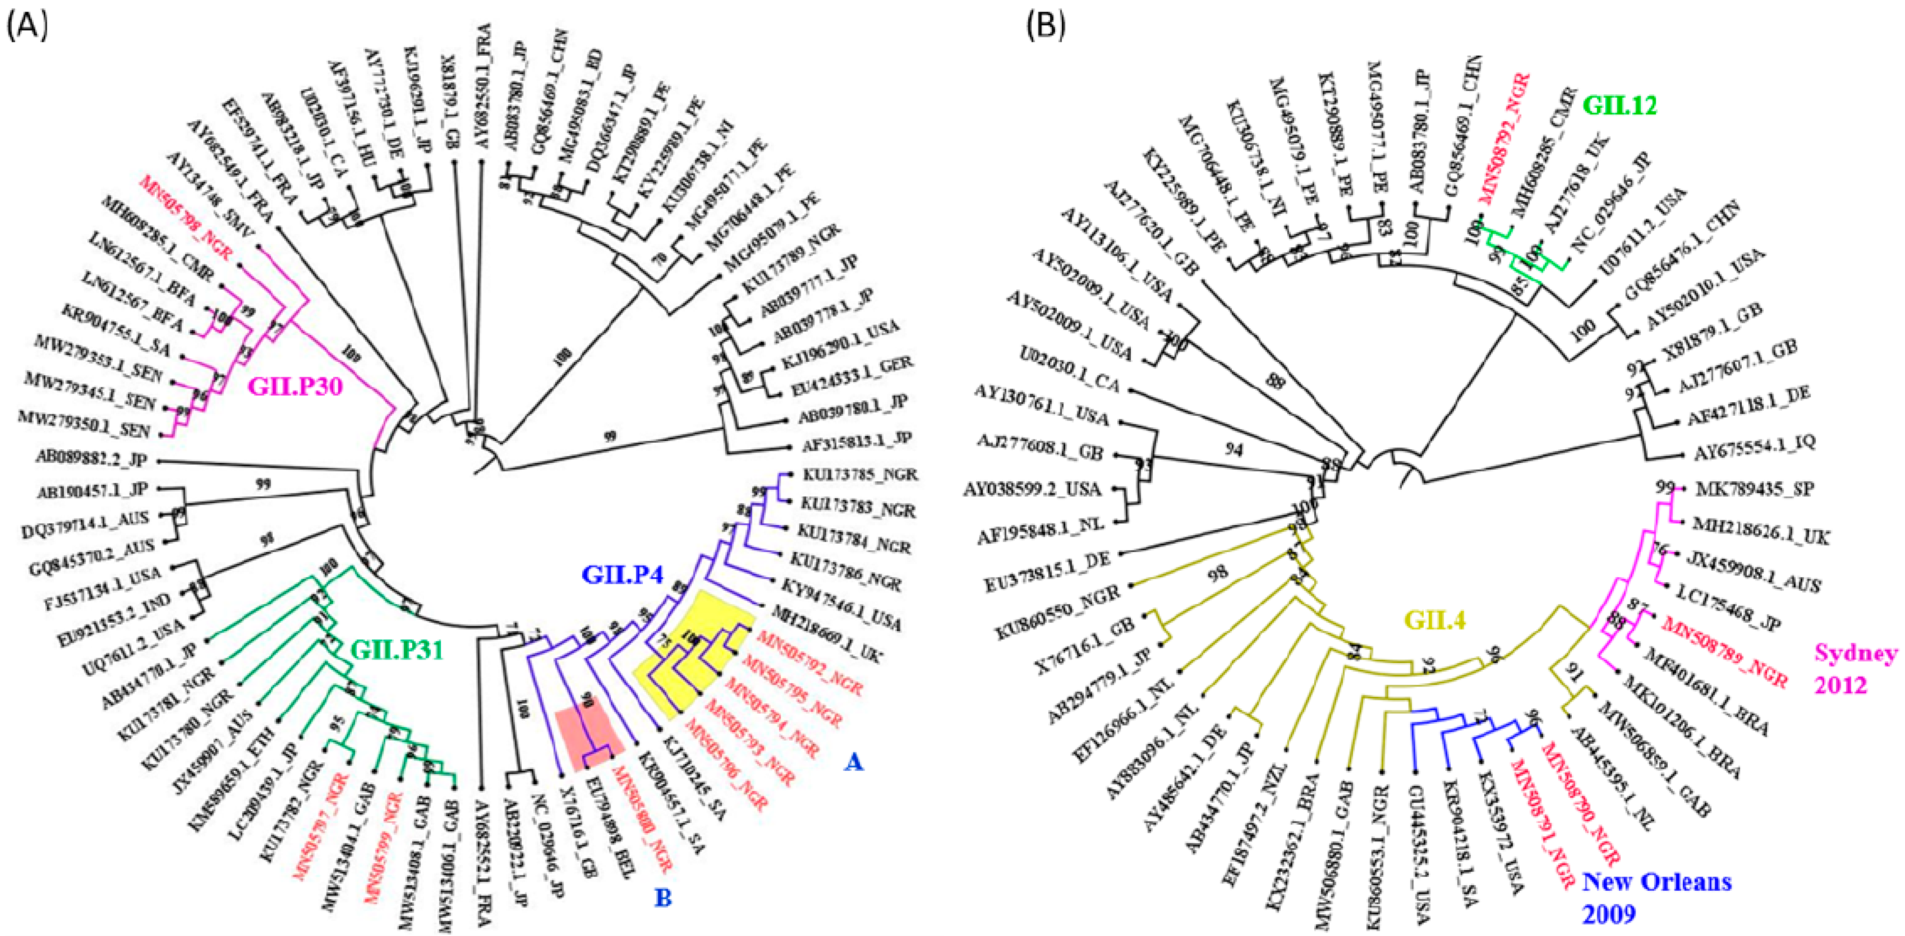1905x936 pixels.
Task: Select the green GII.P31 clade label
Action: pos(397,650)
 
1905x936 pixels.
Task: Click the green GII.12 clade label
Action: pos(1620,106)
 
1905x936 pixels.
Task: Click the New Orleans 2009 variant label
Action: pos(1657,897)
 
